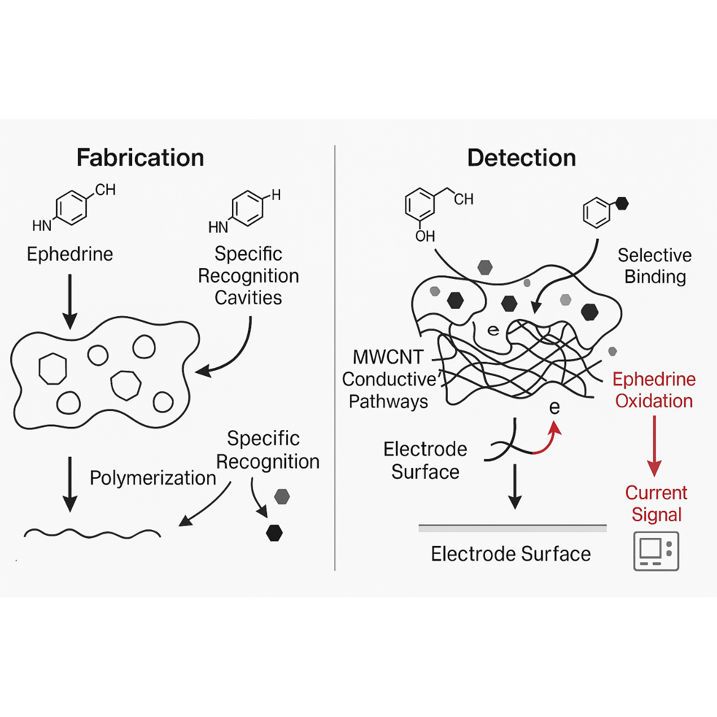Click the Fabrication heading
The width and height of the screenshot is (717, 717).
click(140, 158)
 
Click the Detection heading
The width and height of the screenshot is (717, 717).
click(522, 158)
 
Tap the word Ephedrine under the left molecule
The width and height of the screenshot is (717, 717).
click(70, 254)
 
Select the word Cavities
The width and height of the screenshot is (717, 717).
click(248, 298)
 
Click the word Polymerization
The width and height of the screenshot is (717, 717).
click(153, 478)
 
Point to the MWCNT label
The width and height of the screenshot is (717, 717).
click(388, 357)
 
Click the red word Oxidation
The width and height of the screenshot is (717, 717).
click(654, 401)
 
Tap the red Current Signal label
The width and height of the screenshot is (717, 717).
click(656, 504)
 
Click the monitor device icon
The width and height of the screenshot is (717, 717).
click(656, 551)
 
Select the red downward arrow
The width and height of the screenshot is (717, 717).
click(654, 446)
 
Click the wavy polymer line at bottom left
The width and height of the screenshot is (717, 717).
click(92, 533)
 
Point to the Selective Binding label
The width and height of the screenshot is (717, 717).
click(654, 266)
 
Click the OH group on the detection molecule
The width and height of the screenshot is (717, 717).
click(425, 236)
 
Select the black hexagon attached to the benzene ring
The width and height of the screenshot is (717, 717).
click(622, 203)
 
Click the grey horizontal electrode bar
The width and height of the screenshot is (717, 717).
click(512, 528)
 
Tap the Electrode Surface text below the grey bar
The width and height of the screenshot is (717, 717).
click(510, 554)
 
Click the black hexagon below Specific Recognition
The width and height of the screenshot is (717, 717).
click(274, 533)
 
